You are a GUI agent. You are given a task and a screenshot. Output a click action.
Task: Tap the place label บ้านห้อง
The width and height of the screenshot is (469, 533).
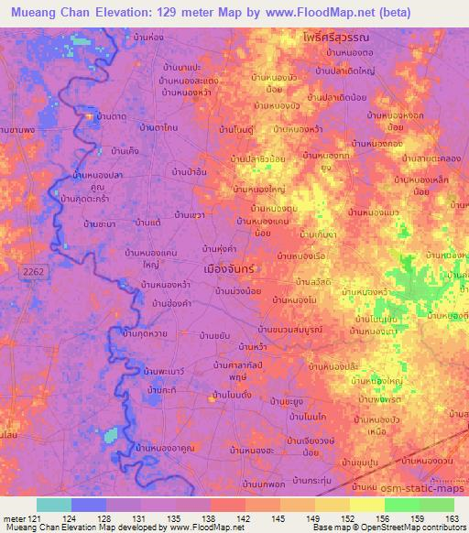tap(147, 38)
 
